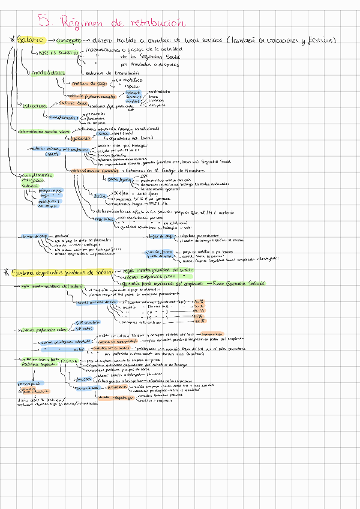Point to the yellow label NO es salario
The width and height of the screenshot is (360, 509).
point(59,53)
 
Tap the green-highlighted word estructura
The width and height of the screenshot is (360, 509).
point(35,106)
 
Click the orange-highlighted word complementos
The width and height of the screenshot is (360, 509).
point(64,117)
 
